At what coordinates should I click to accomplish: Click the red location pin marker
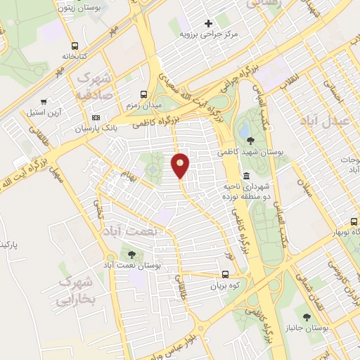181,165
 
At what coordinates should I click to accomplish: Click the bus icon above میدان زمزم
144,94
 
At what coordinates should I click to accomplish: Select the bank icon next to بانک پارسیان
96,117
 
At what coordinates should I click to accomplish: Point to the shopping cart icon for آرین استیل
44,101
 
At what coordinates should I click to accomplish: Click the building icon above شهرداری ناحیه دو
246,175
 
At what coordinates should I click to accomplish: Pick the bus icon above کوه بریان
225,275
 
